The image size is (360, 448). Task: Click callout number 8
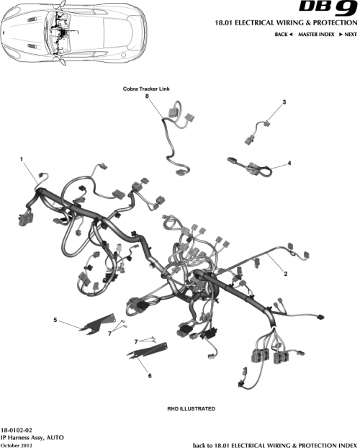[x=147, y=96]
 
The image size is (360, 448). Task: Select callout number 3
[x=284, y=102]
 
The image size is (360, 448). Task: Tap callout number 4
[x=289, y=163]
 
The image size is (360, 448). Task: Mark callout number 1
[x=22, y=158]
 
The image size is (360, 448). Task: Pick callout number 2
[x=285, y=274]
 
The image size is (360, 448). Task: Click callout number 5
[x=55, y=319]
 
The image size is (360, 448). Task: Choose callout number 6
[x=149, y=375]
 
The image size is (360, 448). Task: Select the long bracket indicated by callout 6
[x=148, y=354]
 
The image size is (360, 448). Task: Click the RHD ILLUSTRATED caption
[x=191, y=408]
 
